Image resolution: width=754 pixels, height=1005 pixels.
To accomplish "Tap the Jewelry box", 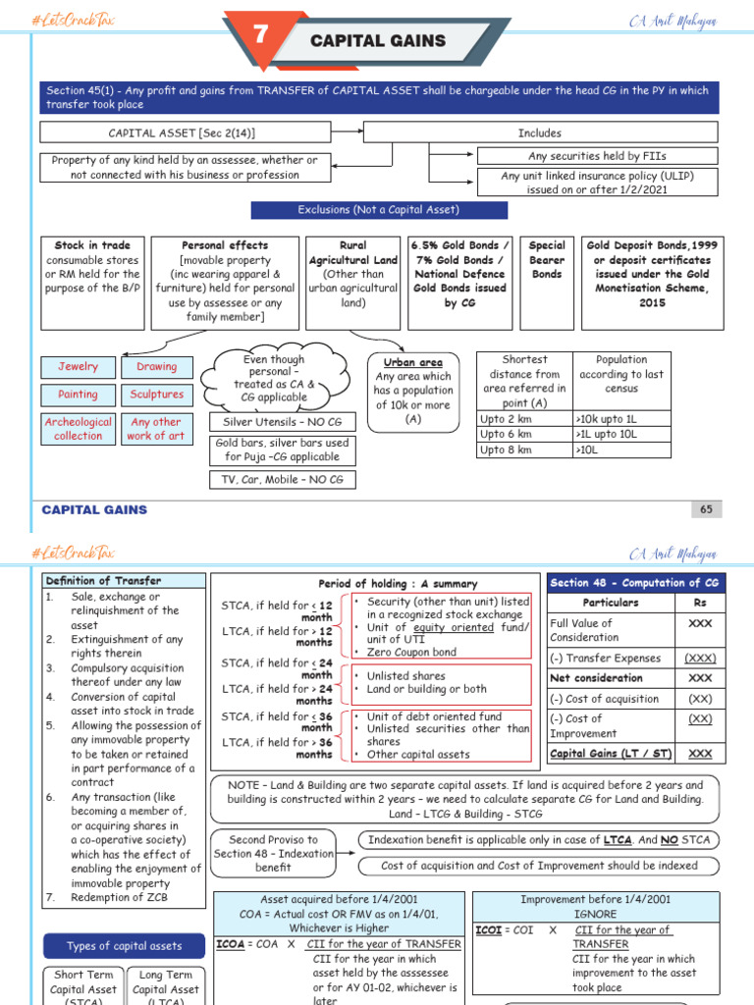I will click(78, 367).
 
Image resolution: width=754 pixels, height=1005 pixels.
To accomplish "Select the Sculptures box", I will click(156, 395).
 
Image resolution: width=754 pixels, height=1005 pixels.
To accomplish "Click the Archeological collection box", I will click(78, 429).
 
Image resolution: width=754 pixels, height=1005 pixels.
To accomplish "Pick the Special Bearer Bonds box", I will click(547, 260).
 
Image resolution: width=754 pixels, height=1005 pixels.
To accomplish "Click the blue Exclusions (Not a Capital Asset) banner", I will click(379, 210).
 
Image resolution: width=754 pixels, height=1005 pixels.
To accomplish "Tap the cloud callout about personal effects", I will click(274, 378).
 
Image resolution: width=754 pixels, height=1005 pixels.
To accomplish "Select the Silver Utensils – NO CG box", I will click(274, 421).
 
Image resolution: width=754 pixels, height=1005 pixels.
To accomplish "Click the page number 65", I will click(706, 509).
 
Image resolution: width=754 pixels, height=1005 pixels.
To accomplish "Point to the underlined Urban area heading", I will click(412, 362).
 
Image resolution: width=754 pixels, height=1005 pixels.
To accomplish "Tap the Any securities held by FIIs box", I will click(597, 156).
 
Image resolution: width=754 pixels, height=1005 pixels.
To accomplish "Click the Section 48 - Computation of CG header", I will click(636, 582).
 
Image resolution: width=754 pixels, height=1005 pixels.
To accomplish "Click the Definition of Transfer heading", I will click(103, 581).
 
